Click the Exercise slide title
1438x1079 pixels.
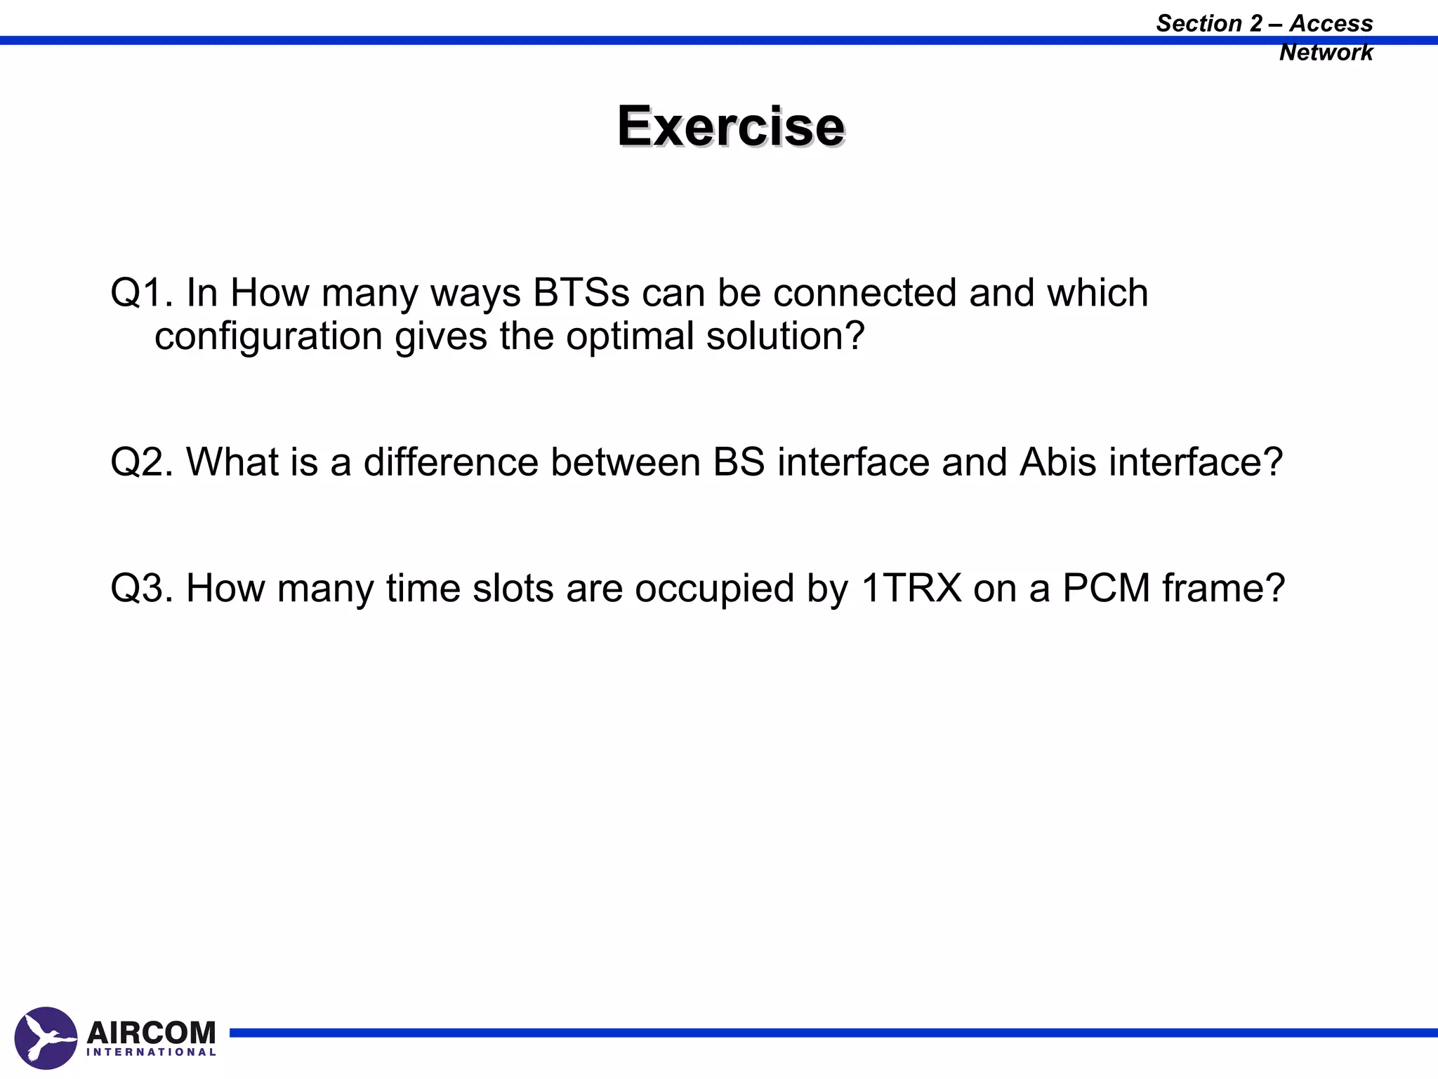pos(730,126)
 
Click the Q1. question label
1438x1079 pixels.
pos(141,293)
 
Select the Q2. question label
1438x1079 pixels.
pos(141,463)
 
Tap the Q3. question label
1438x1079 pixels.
pos(141,589)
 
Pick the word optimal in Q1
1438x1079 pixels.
pos(629,336)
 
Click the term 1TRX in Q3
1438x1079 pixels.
pos(911,589)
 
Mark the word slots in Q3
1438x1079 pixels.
pos(513,589)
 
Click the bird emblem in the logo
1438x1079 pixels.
pos(46,1038)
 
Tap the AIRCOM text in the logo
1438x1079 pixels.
pos(151,1032)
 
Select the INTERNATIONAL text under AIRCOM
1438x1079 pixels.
pos(151,1052)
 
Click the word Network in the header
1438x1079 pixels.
pos(1325,53)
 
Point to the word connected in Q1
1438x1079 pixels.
pos(864,293)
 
